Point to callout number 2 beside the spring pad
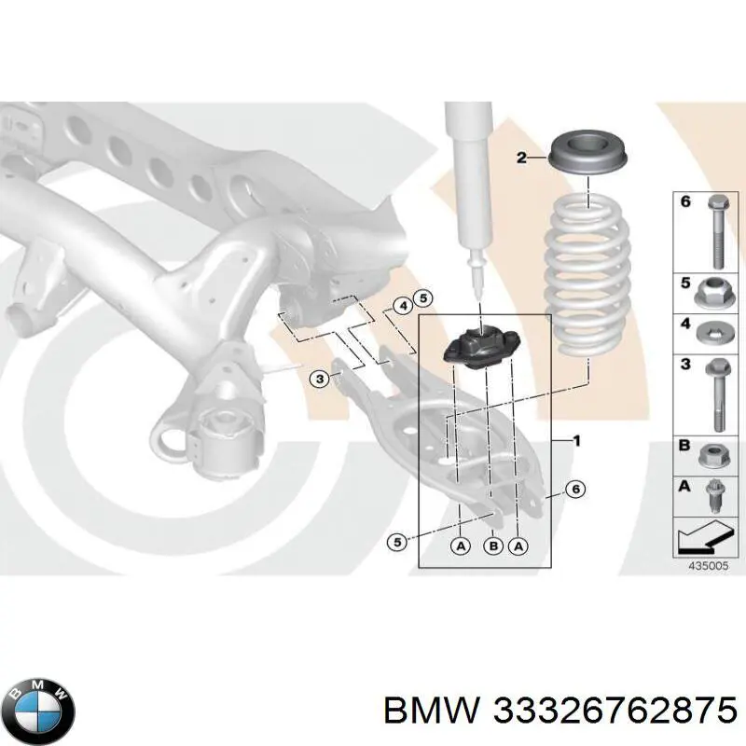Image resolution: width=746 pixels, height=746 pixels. [522, 159]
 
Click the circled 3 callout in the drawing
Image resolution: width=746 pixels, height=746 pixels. [319, 378]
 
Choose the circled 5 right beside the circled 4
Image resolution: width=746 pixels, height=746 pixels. [422, 299]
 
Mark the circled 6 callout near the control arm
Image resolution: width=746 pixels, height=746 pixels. [575, 489]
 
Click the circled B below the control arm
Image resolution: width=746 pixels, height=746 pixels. [491, 547]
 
